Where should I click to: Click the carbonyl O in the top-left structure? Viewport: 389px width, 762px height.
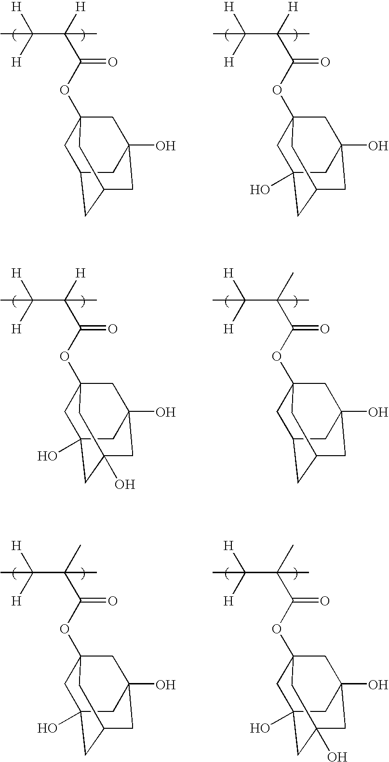(x=113, y=62)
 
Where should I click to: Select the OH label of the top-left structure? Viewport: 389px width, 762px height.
(x=165, y=145)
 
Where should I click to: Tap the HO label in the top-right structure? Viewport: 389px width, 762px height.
(x=259, y=190)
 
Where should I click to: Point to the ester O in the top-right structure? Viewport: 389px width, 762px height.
(x=277, y=90)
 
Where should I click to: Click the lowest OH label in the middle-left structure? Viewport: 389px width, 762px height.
(x=124, y=484)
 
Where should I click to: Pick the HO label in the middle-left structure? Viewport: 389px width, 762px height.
(x=47, y=456)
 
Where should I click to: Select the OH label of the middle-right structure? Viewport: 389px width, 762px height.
(x=378, y=412)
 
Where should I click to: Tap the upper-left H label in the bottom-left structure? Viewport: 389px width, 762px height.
(x=16, y=546)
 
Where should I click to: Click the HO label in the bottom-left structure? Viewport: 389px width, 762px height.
(x=47, y=728)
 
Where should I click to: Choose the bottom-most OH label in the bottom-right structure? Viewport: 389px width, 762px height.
(x=337, y=757)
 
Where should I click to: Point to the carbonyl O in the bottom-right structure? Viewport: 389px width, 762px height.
(x=325, y=601)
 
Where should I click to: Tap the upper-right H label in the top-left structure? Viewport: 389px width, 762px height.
(x=80, y=7)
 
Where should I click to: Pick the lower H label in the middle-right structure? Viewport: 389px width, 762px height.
(x=229, y=329)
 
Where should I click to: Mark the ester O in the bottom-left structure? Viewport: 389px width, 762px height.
(x=65, y=629)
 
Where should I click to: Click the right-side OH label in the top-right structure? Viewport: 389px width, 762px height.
(x=378, y=145)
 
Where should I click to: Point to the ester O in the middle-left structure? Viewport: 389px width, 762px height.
(x=65, y=356)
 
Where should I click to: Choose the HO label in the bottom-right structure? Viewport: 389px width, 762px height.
(x=259, y=728)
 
